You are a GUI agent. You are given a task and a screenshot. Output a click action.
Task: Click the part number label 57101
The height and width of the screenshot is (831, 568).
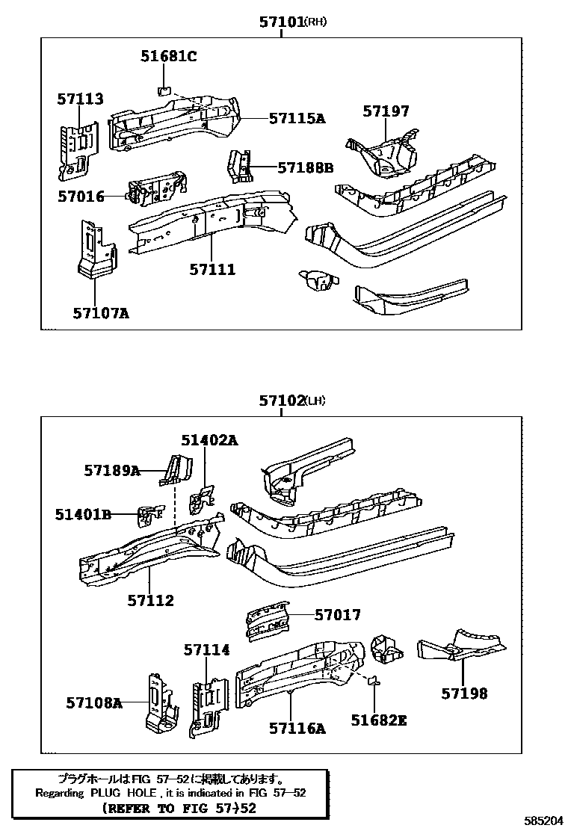point(281,23)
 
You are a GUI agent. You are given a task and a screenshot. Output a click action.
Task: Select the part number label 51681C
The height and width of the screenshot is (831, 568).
point(168,55)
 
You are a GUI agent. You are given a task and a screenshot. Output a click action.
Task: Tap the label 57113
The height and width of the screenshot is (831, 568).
point(80,99)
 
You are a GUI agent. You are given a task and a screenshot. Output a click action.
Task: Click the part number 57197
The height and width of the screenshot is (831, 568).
point(386,111)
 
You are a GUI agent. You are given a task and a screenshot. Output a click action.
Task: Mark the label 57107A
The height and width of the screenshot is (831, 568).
point(101,313)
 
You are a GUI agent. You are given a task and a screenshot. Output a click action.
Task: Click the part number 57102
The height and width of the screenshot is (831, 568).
point(280,401)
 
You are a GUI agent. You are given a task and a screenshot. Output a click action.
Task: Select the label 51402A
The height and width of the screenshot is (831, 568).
point(209,440)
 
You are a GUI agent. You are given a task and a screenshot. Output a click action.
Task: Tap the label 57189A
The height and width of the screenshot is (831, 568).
point(112,470)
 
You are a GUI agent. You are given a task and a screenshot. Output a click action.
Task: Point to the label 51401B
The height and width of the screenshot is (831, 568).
point(83,514)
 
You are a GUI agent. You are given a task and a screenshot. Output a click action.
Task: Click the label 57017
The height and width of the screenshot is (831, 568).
point(337,615)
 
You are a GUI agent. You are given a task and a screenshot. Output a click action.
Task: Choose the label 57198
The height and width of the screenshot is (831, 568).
point(463,693)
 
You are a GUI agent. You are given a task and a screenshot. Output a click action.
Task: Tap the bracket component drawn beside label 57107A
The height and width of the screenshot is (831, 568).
point(95,250)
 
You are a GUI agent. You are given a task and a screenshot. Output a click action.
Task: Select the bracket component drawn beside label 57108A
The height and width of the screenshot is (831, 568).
point(161,703)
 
